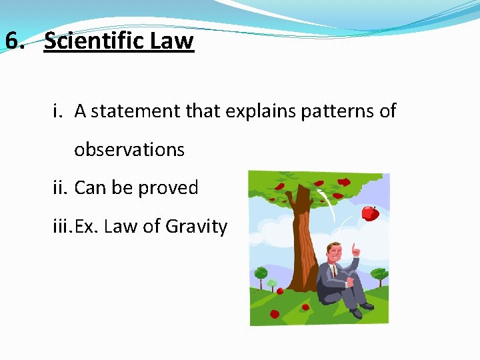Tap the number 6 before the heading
tap(13, 41)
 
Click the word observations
tap(129, 149)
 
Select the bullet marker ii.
tap(61, 188)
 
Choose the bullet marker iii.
tap(63, 227)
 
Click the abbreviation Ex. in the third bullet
tap(87, 227)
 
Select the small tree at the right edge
tap(379, 275)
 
